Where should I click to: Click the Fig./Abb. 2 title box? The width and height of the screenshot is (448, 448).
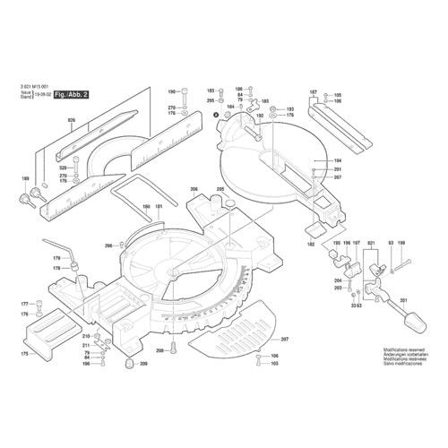(71, 94)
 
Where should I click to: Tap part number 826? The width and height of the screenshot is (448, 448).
(71, 119)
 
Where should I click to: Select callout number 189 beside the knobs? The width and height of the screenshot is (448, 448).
(24, 180)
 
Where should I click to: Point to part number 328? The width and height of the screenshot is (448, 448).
(63, 168)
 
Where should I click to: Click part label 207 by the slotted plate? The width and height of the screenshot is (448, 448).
(285, 340)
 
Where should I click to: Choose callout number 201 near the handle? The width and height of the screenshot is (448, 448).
(403, 300)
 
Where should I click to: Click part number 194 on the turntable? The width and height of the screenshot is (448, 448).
(314, 161)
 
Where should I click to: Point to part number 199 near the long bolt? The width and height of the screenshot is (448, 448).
(401, 244)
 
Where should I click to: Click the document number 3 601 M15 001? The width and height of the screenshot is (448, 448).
(35, 84)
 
